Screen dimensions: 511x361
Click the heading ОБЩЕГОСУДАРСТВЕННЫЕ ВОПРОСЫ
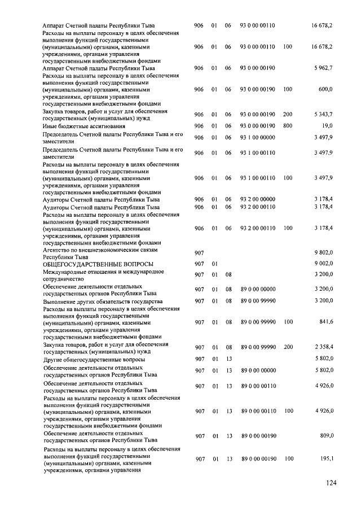click(x=98, y=264)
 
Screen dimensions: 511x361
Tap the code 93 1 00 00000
click(x=258, y=137)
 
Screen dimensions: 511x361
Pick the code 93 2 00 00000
click(x=258, y=199)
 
